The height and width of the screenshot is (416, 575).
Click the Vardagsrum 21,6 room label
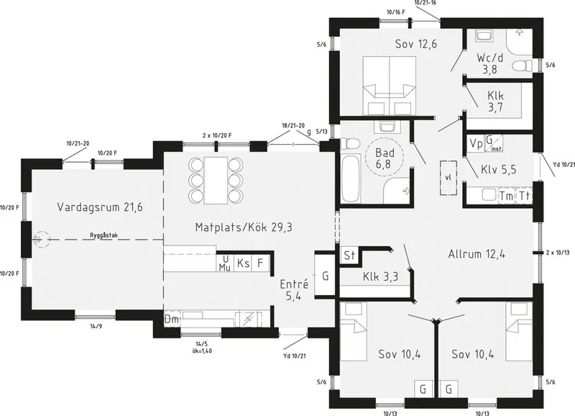(x=100, y=207)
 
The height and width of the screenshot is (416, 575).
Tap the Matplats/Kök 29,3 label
(x=244, y=227)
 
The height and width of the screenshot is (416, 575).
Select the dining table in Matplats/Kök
(x=216, y=181)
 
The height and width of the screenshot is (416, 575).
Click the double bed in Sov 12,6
(x=390, y=86)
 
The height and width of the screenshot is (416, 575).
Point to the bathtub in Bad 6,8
(x=350, y=178)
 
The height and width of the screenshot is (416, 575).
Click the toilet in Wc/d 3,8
(x=523, y=65)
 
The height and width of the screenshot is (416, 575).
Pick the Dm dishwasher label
(x=171, y=320)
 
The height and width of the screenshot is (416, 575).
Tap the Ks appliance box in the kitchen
(x=243, y=263)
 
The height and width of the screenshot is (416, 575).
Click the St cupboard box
(x=349, y=255)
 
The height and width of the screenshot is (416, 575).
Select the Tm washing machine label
(x=507, y=196)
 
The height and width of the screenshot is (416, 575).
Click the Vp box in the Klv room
(x=476, y=143)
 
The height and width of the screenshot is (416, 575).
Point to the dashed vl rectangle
(x=448, y=178)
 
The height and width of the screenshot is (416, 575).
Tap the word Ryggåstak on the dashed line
(x=104, y=236)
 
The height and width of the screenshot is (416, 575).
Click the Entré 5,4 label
(x=294, y=290)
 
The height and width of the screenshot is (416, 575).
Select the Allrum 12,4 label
(x=477, y=254)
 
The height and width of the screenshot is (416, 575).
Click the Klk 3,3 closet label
(x=380, y=276)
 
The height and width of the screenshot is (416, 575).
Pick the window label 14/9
(x=97, y=326)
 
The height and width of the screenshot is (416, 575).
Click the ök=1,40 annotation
(x=202, y=351)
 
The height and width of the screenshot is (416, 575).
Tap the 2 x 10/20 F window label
(x=217, y=135)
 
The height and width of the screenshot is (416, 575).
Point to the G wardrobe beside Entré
(x=325, y=276)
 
